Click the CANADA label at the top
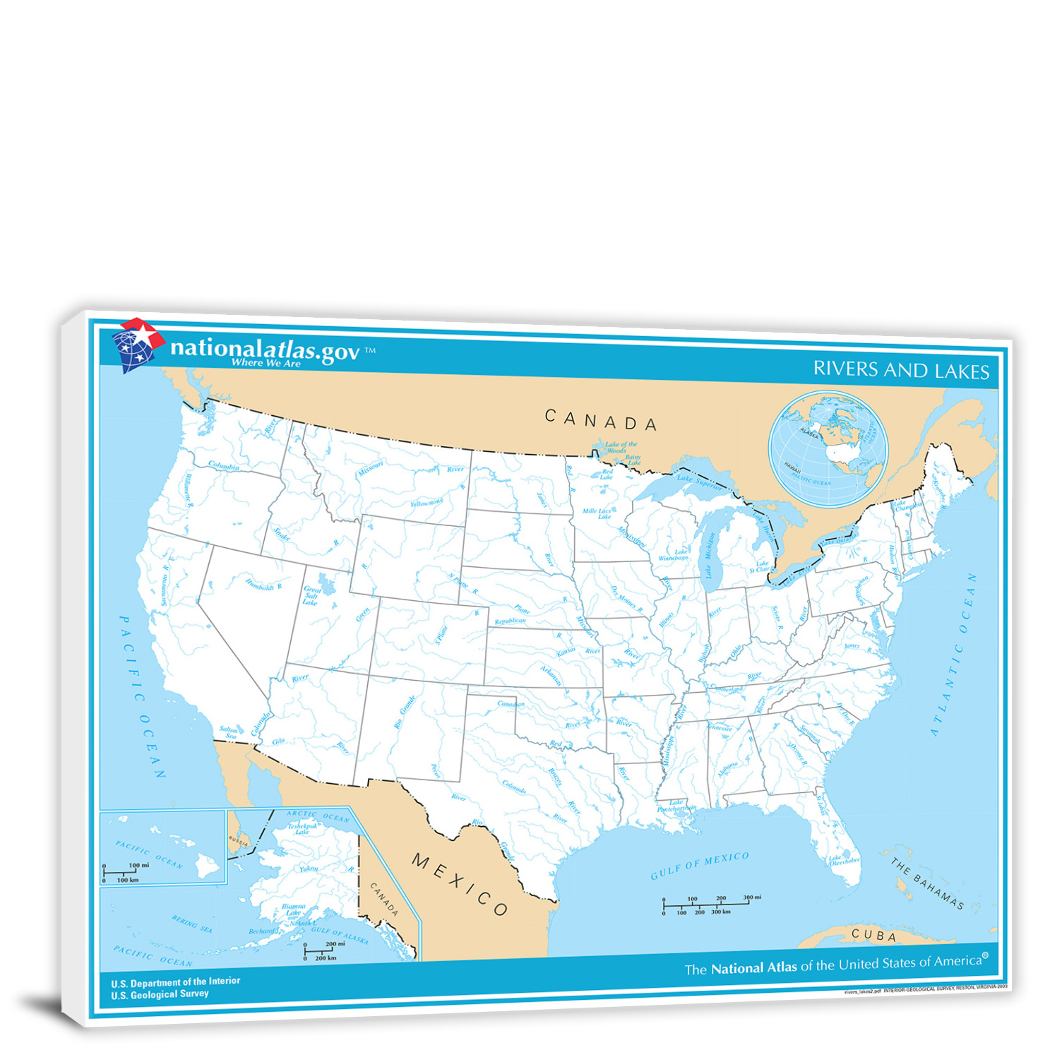click(x=600, y=421)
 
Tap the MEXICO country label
click(x=459, y=884)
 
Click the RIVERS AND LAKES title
click(x=901, y=370)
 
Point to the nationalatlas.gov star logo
click(x=138, y=344)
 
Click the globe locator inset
click(x=828, y=449)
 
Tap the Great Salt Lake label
click(x=311, y=595)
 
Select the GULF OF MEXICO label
click(x=699, y=865)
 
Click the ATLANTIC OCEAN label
click(x=953, y=653)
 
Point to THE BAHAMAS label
click(x=926, y=883)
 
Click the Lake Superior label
click(x=699, y=482)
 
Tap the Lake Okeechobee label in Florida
click(x=844, y=860)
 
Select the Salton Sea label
click(x=229, y=732)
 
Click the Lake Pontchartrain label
click(x=676, y=805)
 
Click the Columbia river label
click(x=224, y=466)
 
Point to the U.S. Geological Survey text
click(x=160, y=994)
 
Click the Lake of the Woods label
click(x=620, y=447)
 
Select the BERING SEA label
click(x=191, y=924)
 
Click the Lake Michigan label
click(x=710, y=555)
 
